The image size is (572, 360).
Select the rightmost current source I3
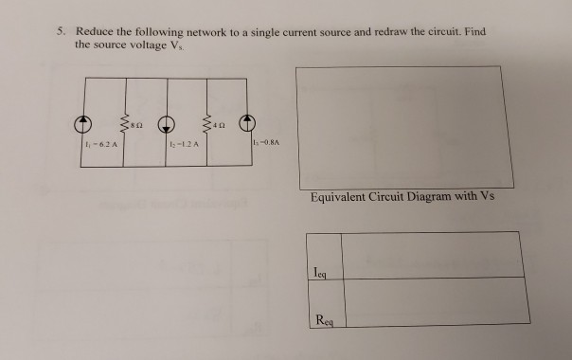click(x=246, y=124)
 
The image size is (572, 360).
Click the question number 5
click(x=59, y=31)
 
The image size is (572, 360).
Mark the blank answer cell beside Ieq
click(x=431, y=254)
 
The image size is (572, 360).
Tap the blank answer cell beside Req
click(x=431, y=301)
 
